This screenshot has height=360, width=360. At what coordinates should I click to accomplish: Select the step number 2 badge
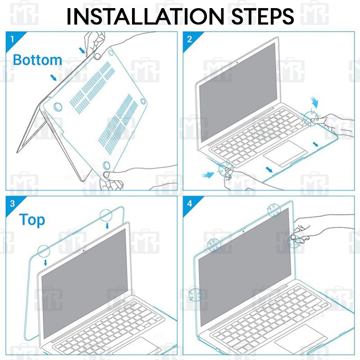(x=189, y=38)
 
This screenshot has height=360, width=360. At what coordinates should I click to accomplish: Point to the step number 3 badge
(x=10, y=203)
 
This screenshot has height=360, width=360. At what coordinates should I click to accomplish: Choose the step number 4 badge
(x=189, y=203)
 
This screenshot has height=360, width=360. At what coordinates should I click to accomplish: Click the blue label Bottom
(x=37, y=59)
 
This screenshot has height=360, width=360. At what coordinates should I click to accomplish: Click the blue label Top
(x=32, y=220)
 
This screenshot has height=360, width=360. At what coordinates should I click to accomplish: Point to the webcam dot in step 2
(x=237, y=63)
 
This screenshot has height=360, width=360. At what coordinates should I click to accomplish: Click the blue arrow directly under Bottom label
(x=54, y=77)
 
